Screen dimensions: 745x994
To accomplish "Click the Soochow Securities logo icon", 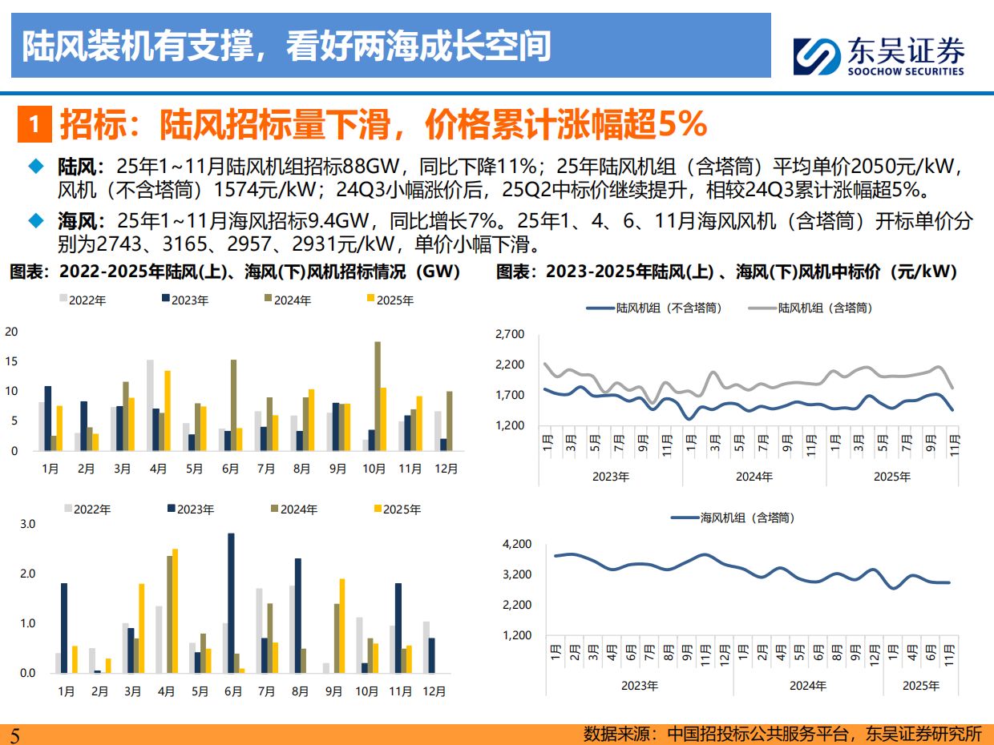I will (815, 56).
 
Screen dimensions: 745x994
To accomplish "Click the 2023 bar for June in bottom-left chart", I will (231, 603).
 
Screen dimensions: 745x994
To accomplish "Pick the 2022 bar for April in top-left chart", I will (150, 405).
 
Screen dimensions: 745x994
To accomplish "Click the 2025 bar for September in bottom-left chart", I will (342, 626).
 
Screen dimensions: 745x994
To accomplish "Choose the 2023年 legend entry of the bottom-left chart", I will (190, 509).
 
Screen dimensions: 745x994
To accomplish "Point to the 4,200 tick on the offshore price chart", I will (516, 545).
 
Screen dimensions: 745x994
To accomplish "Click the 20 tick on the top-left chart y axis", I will (11, 332).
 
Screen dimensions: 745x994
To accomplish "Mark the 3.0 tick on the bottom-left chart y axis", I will (27, 524).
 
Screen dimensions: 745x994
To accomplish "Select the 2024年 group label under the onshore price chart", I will (754, 477).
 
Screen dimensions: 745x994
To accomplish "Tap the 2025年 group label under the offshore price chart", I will (920, 687).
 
